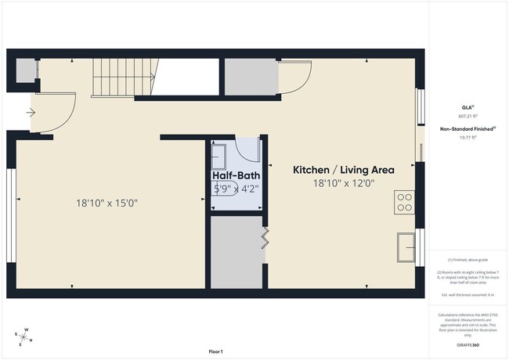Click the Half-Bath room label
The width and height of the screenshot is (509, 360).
[236, 176]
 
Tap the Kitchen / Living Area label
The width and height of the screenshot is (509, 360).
[343, 169]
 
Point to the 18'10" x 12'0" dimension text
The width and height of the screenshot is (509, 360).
[344, 183]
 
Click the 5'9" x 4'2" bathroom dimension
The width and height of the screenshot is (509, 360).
[236, 188]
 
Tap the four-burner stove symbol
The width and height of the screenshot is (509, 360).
[405, 202]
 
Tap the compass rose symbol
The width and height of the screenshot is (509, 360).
[26, 336]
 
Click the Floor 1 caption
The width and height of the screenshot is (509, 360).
[215, 351]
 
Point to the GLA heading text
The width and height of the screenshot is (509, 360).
[467, 107]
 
